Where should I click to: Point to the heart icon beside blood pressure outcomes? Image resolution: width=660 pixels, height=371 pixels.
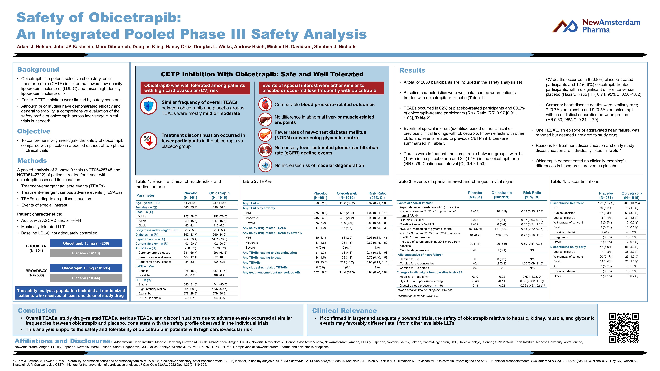tap(265, 104)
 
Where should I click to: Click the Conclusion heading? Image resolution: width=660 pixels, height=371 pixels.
tap(37, 310)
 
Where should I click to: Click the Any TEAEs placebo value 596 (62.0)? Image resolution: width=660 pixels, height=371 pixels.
tap(320, 203)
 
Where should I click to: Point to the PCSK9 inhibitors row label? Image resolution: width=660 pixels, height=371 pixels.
tap(150, 298)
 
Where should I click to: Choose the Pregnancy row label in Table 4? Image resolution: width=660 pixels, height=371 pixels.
tap(561, 237)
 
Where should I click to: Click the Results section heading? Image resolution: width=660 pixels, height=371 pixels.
tap(412, 70)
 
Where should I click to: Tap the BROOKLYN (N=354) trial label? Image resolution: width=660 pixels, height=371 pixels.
tap(36, 248)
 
